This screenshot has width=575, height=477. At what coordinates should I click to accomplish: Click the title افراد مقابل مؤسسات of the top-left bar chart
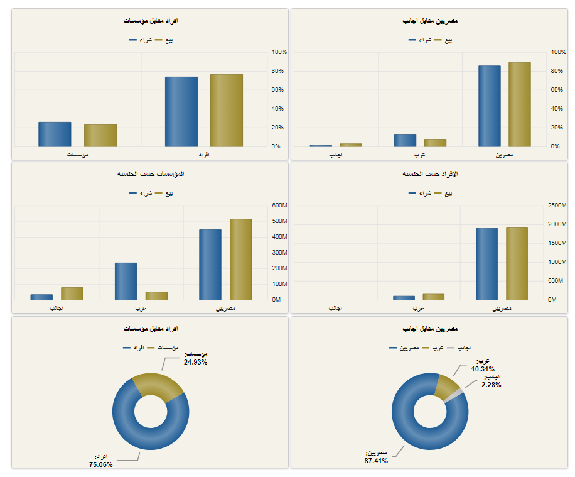pyautogui.click(x=151, y=21)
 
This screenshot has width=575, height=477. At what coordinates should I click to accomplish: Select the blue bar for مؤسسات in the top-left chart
pyautogui.click(x=55, y=134)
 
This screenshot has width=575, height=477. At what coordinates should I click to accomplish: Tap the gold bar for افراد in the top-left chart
pyautogui.click(x=226, y=111)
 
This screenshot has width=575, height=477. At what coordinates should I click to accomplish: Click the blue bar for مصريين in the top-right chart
pyautogui.click(x=489, y=106)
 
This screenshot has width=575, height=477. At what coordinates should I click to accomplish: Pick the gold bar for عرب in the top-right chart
pyautogui.click(x=435, y=143)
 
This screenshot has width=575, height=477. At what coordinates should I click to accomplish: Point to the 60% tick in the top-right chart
pyautogui.click(x=559, y=89)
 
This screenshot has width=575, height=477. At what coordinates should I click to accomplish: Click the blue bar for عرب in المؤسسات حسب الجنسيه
pyautogui.click(x=126, y=281)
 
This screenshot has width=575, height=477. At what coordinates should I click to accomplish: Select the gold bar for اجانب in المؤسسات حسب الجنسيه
pyautogui.click(x=72, y=293)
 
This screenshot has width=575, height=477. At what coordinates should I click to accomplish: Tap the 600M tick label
pyautogui.click(x=279, y=206)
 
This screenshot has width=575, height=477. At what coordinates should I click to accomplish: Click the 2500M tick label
pyautogui.click(x=557, y=206)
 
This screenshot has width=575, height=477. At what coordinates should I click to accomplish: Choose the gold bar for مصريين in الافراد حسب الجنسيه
pyautogui.click(x=517, y=263)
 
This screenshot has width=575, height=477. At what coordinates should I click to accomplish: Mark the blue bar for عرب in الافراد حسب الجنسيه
pyautogui.click(x=404, y=298)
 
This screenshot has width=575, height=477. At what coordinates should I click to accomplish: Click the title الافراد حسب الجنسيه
pyautogui.click(x=429, y=173)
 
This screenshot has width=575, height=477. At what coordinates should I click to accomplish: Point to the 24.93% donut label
pyautogui.click(x=195, y=362)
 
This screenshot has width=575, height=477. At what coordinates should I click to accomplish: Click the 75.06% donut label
pyautogui.click(x=101, y=464)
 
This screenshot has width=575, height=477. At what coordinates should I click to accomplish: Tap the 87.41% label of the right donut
pyautogui.click(x=376, y=461)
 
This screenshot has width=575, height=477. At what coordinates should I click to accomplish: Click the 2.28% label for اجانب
pyautogui.click(x=491, y=385)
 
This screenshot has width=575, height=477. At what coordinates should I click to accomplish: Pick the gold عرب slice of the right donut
pyautogui.click(x=447, y=385)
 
